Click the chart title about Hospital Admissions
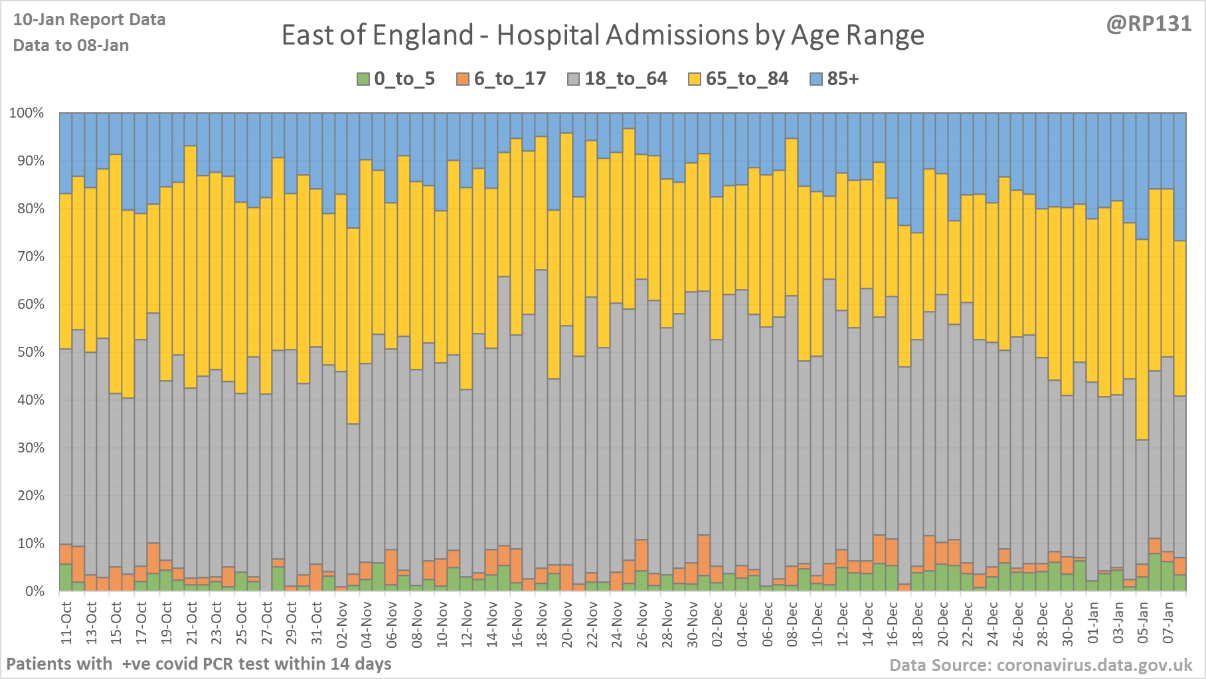click(602, 35)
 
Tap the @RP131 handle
click(1148, 24)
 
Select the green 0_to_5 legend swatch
click(363, 79)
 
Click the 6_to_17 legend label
click(509, 79)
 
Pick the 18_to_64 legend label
click(626, 79)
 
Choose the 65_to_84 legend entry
click(746, 79)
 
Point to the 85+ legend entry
click(842, 79)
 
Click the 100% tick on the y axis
click(27, 113)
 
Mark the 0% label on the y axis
click(35, 591)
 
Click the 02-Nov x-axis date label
click(342, 623)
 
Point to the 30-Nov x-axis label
click(693, 623)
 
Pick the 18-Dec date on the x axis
click(918, 623)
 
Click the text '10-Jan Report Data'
click(89, 20)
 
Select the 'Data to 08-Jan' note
click(71, 45)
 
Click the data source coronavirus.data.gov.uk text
click(1041, 665)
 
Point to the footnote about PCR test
click(199, 664)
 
